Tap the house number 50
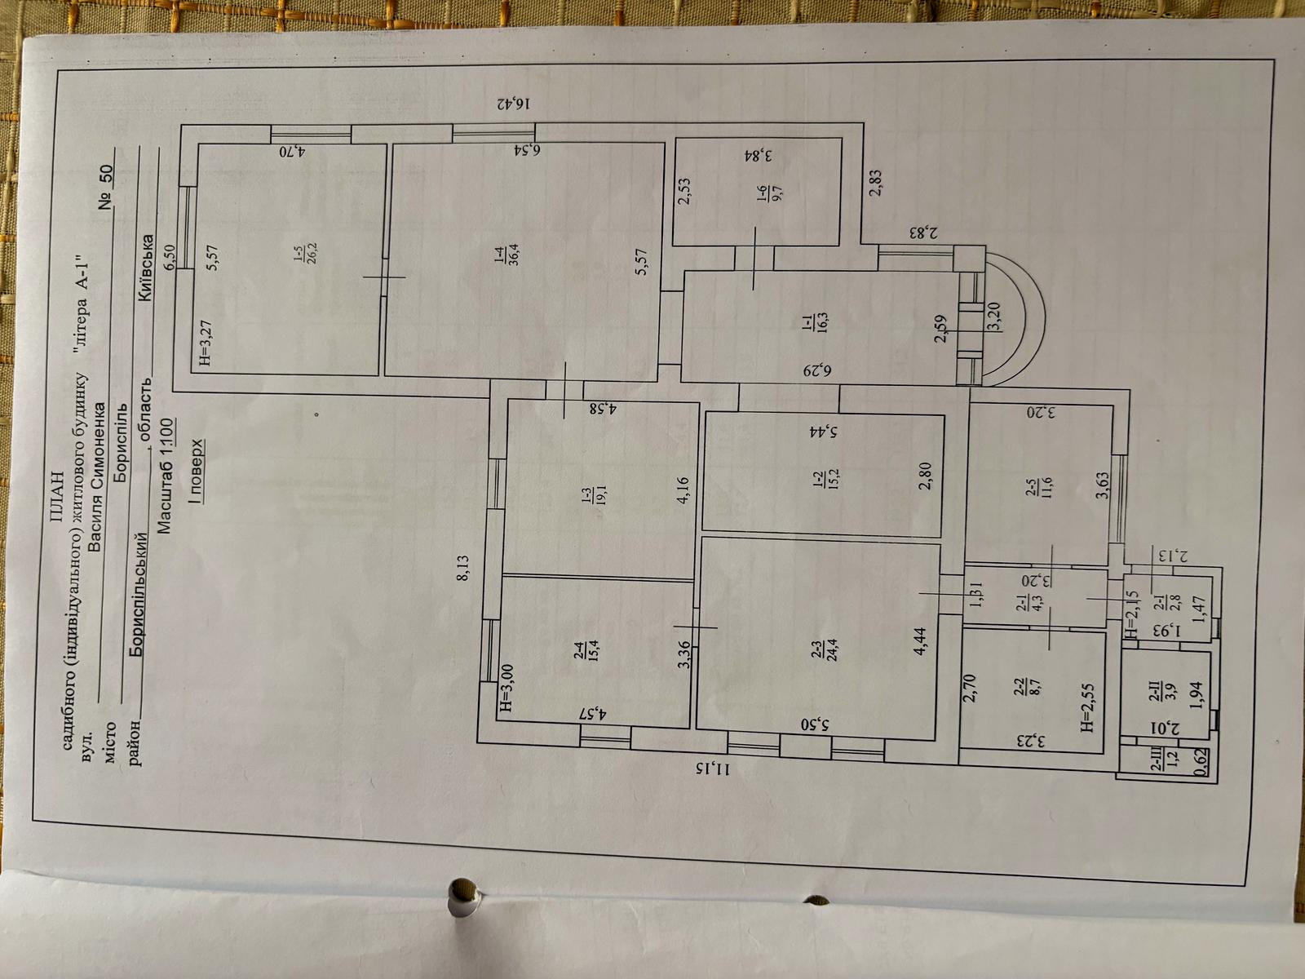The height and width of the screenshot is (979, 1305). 106,176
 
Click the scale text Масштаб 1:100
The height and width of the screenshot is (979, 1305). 165,476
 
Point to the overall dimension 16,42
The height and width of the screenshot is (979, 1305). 512,105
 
